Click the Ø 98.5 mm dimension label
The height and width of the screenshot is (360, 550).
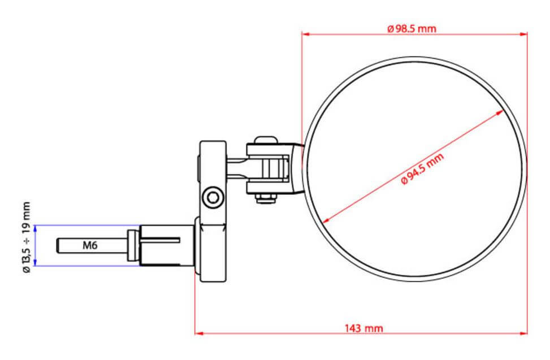pyautogui.click(x=412, y=29)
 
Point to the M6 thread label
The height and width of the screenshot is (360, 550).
pyautogui.click(x=90, y=245)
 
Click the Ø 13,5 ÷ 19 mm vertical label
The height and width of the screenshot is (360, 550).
pyautogui.click(x=27, y=238)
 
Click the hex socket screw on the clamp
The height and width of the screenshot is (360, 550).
pyautogui.click(x=213, y=197)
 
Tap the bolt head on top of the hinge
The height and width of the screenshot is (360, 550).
pyautogui.click(x=264, y=139)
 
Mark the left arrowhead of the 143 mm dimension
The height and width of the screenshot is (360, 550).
pyautogui.click(x=198, y=333)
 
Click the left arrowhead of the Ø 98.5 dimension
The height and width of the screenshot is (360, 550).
pyautogui.click(x=306, y=34)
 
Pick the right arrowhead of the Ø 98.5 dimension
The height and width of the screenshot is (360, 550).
pyautogui.click(x=523, y=34)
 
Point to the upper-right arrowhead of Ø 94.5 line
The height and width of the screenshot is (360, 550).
pyautogui.click(x=500, y=112)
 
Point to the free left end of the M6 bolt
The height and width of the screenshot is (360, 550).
pyautogui.click(x=59, y=245)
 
